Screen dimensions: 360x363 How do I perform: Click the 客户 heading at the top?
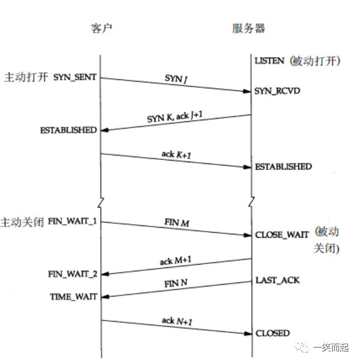(101, 28)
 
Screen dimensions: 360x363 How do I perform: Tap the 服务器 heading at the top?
(249, 28)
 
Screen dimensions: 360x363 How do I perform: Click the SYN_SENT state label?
(75, 77)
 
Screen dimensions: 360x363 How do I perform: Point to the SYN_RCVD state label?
(277, 91)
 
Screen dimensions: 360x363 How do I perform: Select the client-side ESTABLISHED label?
(68, 130)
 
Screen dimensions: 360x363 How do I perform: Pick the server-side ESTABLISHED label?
(283, 167)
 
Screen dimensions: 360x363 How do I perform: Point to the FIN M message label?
(177, 223)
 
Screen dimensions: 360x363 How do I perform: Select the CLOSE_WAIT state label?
(282, 235)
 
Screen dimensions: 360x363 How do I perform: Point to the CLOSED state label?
(273, 333)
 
